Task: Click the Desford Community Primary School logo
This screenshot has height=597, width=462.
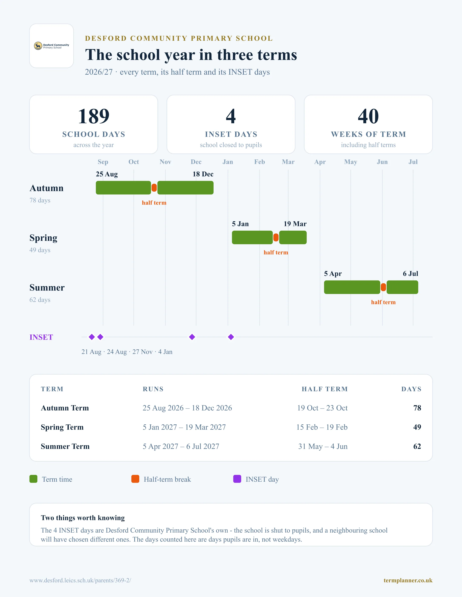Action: (51, 46)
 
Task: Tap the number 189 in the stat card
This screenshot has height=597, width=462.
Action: (94, 116)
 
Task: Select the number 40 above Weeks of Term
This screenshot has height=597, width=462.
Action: (368, 116)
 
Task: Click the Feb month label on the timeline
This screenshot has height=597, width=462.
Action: (259, 162)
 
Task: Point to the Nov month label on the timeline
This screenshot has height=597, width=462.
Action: (165, 162)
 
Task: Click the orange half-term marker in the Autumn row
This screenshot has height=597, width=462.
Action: (154, 188)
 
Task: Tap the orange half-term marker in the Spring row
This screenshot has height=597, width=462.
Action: (276, 237)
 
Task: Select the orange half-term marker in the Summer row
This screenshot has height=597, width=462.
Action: (383, 287)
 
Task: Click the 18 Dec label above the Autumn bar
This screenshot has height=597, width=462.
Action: (203, 174)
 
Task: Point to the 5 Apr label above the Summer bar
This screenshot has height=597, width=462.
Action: (333, 274)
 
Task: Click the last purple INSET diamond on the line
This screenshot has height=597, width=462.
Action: (231, 337)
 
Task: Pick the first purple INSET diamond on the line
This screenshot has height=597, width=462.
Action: (92, 337)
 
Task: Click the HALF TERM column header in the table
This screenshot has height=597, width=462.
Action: (325, 389)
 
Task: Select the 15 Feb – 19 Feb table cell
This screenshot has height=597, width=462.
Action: (322, 427)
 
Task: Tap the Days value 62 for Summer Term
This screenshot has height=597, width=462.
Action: (417, 446)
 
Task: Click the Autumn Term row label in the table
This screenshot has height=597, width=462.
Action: (65, 408)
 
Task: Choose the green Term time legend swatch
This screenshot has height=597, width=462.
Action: (33, 479)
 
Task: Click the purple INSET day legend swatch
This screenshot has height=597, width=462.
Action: (237, 479)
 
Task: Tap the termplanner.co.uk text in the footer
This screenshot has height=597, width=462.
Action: (408, 580)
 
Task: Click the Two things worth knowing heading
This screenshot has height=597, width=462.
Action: (83, 518)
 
